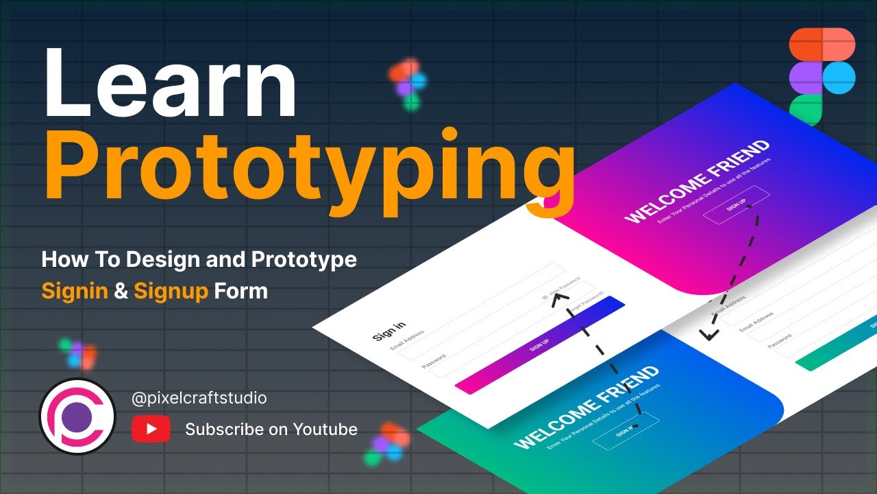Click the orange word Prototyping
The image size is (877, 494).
pyautogui.click(x=308, y=167)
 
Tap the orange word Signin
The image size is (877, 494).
pyautogui.click(x=75, y=291)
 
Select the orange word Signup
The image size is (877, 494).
pyautogui.click(x=171, y=291)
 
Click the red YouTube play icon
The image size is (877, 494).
pyautogui.click(x=151, y=430)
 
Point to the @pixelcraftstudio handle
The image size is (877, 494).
pyautogui.click(x=199, y=397)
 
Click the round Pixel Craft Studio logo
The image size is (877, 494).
pyautogui.click(x=77, y=416)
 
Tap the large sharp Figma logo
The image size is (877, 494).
pyautogui.click(x=822, y=77)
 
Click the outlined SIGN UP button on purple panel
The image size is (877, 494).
pyautogui.click(x=737, y=205)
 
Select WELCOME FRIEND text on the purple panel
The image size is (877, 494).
pyautogui.click(x=697, y=181)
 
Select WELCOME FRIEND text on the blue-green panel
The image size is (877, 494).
pyautogui.click(x=586, y=408)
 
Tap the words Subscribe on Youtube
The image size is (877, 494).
pyautogui.click(x=271, y=430)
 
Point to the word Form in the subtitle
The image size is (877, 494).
pyautogui.click(x=240, y=291)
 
